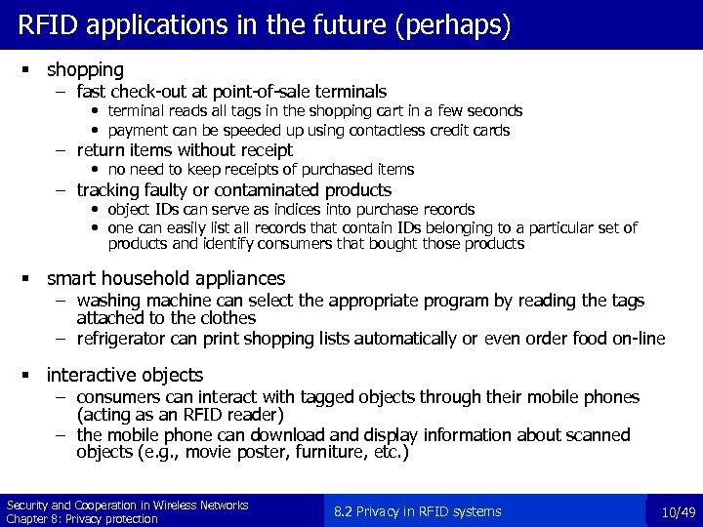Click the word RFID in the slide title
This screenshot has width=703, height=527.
coord(48,25)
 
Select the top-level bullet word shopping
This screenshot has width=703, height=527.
coord(86,70)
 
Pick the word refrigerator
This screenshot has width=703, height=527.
coord(126,339)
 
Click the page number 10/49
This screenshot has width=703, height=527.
coord(678,512)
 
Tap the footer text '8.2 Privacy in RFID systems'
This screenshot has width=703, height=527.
coord(417,512)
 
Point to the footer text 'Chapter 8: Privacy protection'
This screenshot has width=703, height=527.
coord(82,519)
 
